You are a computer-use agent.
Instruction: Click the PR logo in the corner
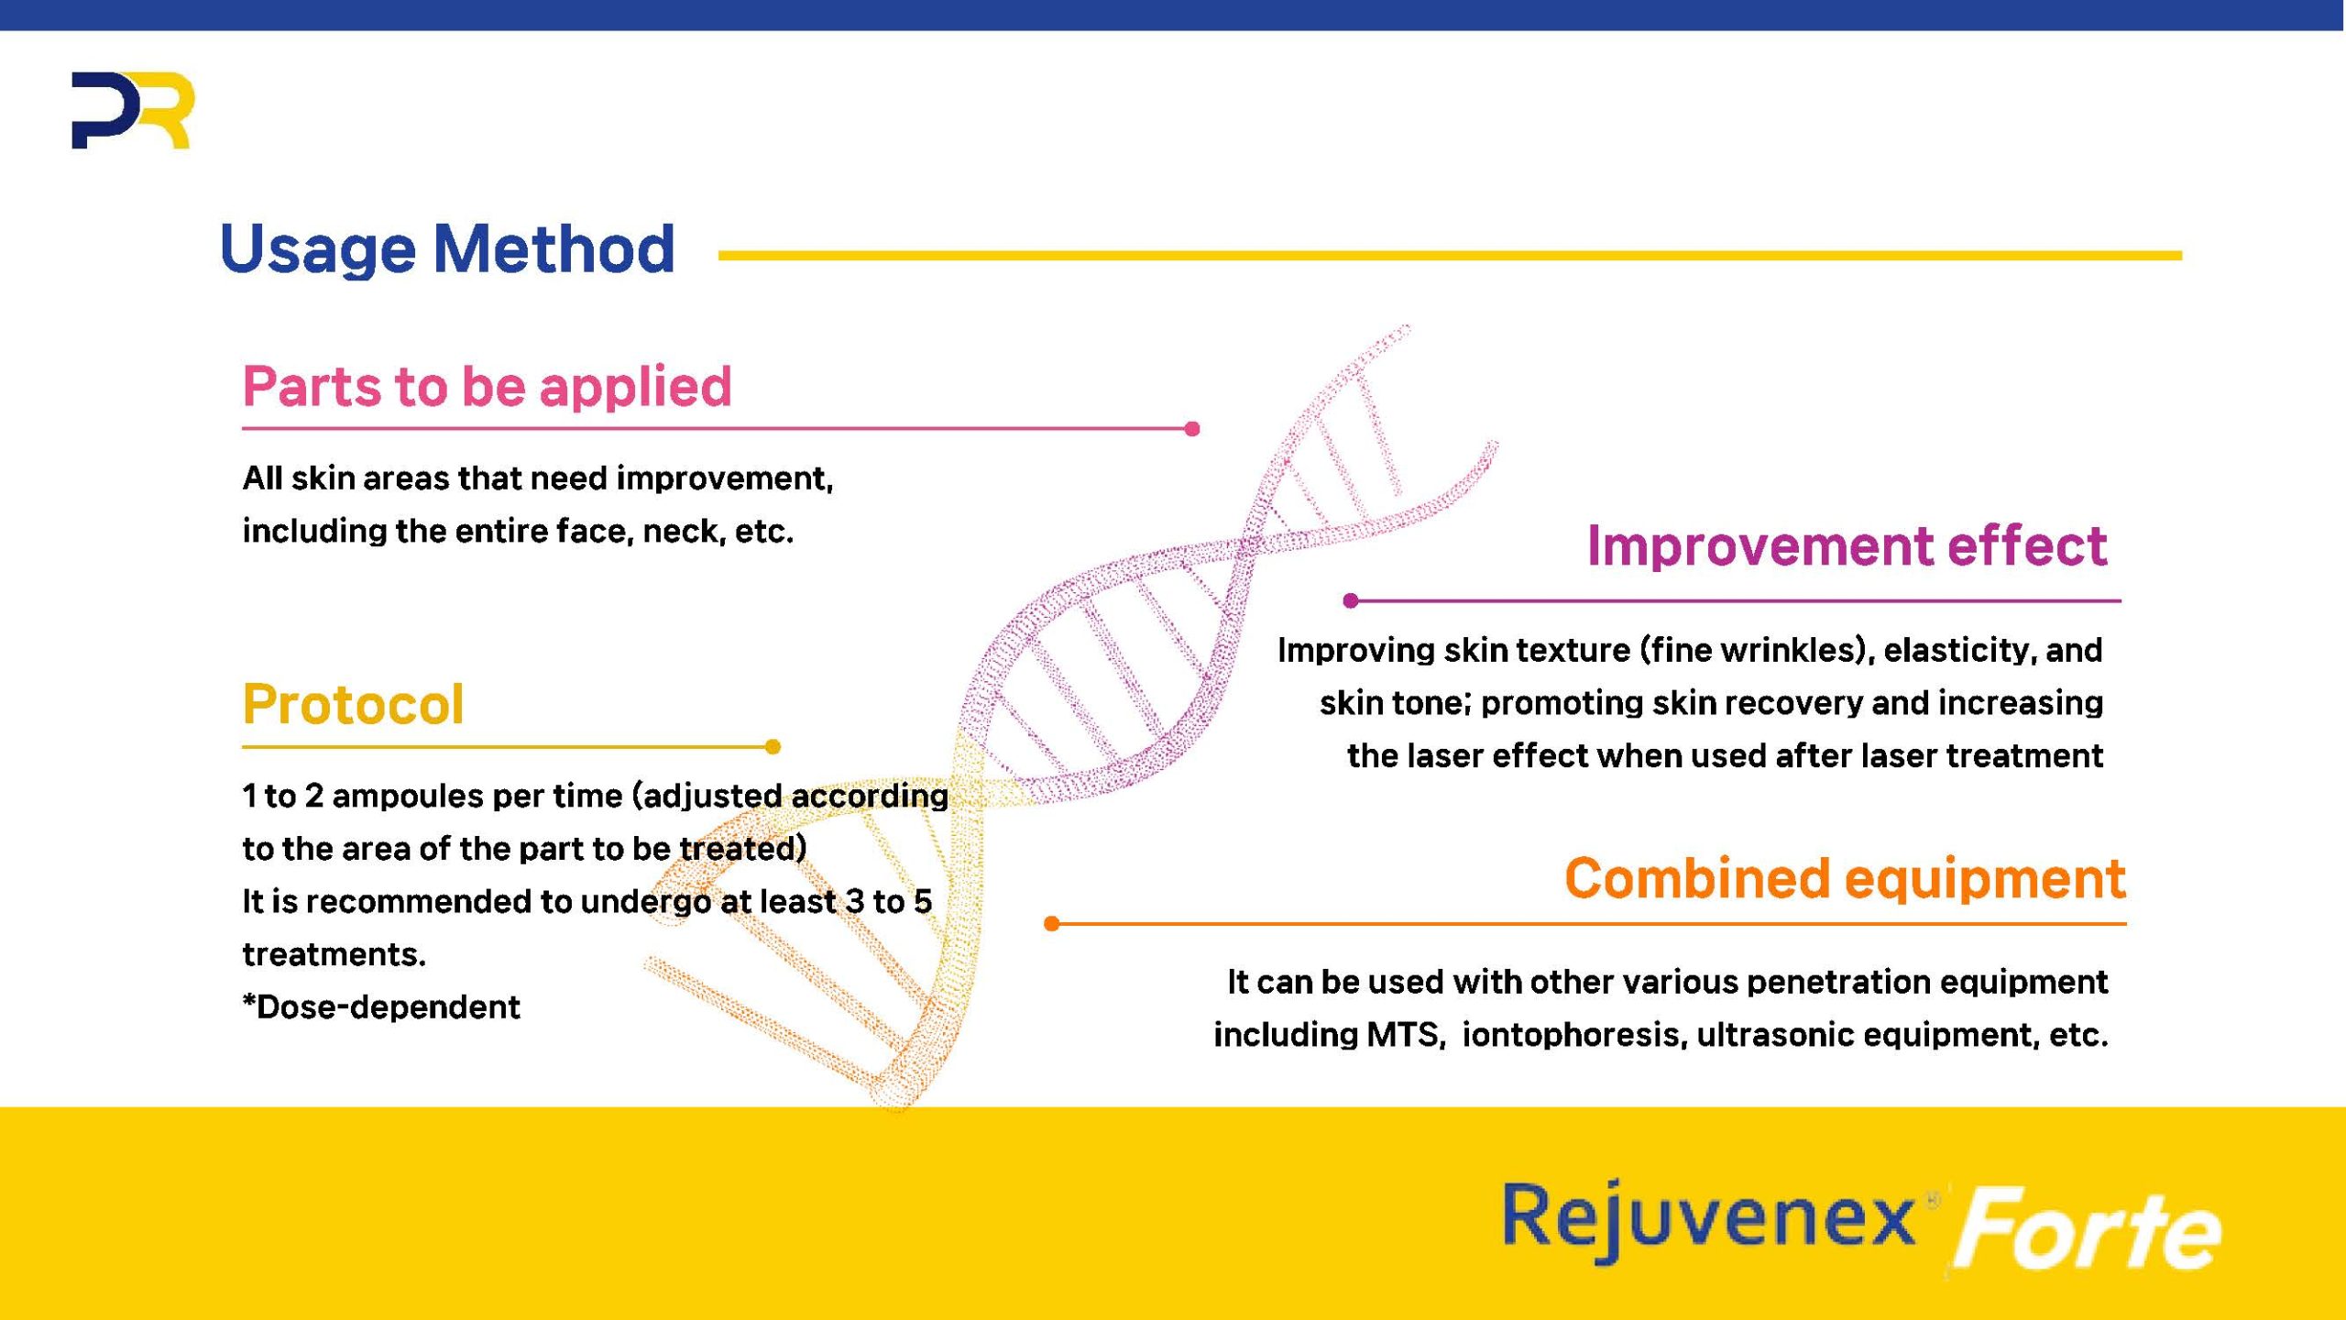click(x=133, y=111)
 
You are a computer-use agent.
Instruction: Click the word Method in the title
click(x=554, y=248)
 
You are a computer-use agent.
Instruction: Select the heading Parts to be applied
click(x=487, y=387)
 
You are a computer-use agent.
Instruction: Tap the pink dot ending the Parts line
click(x=1192, y=428)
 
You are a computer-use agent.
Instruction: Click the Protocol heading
click(x=353, y=704)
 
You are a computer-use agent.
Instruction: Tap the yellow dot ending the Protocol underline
click(x=773, y=747)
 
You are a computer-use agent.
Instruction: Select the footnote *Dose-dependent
click(x=381, y=1007)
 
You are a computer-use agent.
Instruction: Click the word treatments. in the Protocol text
click(x=334, y=954)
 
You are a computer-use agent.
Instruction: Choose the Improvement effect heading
click(x=1847, y=546)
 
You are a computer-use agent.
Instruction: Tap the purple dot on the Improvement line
click(x=1350, y=600)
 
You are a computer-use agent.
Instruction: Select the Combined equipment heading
click(x=1845, y=878)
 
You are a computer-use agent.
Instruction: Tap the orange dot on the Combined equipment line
click(x=1052, y=924)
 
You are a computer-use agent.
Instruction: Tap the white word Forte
click(x=2088, y=1228)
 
